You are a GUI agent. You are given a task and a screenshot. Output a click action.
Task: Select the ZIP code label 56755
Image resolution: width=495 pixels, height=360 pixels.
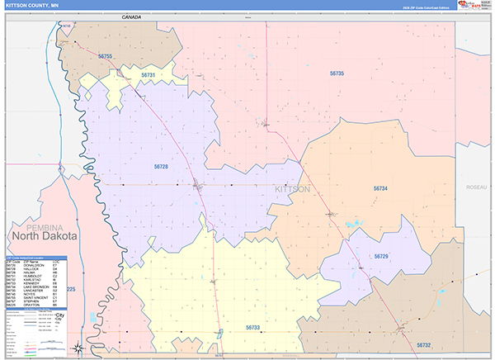click(105, 56)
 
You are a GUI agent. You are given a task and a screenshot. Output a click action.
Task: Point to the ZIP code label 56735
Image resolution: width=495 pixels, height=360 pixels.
click(337, 73)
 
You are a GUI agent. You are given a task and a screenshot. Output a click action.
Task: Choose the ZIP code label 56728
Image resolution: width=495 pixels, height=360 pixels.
click(161, 167)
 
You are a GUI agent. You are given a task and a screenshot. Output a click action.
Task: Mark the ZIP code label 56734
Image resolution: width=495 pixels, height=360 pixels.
click(380, 189)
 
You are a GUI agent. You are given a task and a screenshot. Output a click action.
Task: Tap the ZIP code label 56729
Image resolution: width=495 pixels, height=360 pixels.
click(380, 257)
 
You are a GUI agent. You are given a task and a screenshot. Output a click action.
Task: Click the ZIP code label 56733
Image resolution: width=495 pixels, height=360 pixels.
click(253, 328)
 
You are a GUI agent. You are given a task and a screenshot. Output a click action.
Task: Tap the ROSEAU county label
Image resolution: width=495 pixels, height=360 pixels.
click(476, 187)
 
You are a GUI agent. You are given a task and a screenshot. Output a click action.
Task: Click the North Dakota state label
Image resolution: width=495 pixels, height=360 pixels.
click(44, 236)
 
